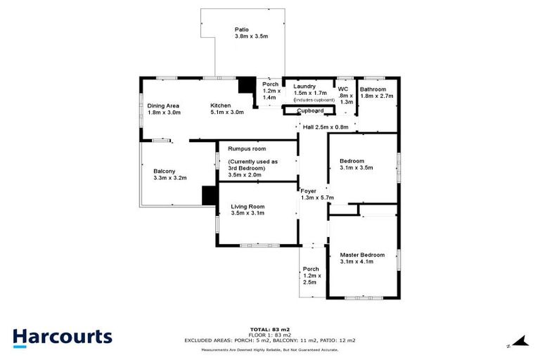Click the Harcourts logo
click(62, 336)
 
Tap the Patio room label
click(241, 30)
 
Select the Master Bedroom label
click(362, 255)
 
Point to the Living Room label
click(247, 206)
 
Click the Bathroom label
click(373, 89)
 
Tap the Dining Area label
click(163, 106)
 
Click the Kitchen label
click(221, 106)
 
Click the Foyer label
click(308, 191)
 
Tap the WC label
click(343, 89)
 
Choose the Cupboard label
click(309, 111)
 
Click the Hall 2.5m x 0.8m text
click(326, 127)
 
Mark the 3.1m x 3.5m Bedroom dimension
click(356, 168)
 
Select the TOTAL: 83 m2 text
click(270, 329)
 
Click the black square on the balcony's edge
click(209, 195)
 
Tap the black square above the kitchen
click(246, 85)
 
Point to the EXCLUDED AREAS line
click(270, 340)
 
